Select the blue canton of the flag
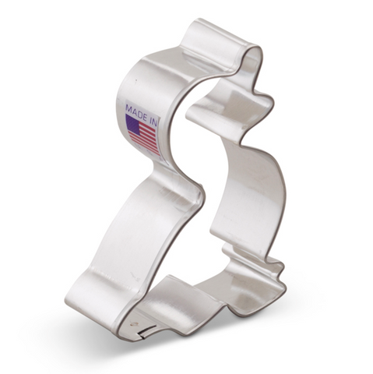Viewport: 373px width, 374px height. (133, 124)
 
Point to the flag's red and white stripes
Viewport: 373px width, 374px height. (146, 139)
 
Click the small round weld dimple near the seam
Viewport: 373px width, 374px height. (134, 324)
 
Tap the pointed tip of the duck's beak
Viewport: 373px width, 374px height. (273, 102)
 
